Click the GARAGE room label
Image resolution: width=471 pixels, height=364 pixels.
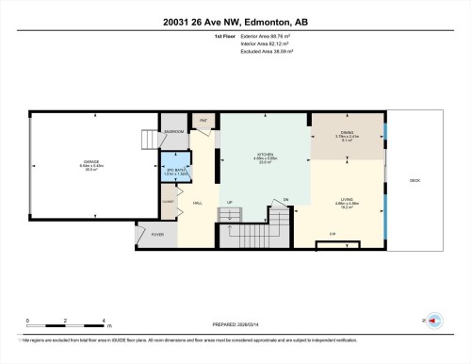click(x=91, y=162)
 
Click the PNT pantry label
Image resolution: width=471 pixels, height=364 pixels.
click(x=203, y=121)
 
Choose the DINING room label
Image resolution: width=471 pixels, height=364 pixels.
click(x=348, y=133)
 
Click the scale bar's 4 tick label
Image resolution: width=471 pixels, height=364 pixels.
click(x=104, y=321)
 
